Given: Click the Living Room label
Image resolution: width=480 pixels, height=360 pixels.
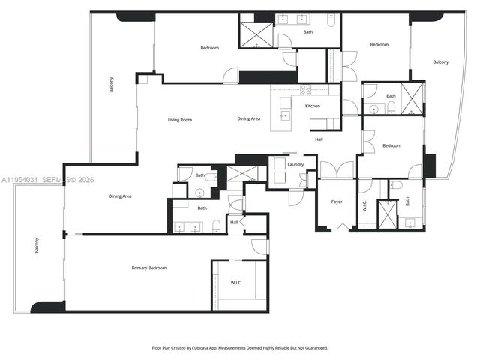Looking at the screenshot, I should [x=179, y=119].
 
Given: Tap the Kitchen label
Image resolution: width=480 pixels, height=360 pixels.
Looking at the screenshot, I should [x=313, y=106].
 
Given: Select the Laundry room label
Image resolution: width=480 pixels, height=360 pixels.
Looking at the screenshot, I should [x=295, y=164].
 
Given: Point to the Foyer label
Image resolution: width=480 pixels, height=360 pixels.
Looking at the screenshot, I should [x=337, y=201].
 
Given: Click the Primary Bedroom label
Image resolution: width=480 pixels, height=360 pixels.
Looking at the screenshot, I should [x=149, y=268].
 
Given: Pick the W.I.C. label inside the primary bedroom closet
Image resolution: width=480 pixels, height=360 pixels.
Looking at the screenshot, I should [x=237, y=283].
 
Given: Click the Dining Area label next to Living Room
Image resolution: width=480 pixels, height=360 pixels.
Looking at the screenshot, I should [x=249, y=118].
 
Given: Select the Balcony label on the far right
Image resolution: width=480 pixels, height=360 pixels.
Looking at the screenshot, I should [x=441, y=61].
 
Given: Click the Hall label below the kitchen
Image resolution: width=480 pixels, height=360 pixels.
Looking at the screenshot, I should [x=319, y=139].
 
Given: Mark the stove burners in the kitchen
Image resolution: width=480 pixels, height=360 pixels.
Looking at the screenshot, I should [x=306, y=89].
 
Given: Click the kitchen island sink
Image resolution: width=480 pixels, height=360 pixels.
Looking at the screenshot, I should [x=285, y=116].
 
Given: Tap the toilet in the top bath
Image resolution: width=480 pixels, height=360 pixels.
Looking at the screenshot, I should [x=331, y=22].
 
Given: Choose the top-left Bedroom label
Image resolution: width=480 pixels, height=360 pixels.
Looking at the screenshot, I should [x=209, y=48].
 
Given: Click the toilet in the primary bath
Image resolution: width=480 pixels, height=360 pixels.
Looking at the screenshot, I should [x=216, y=224].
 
